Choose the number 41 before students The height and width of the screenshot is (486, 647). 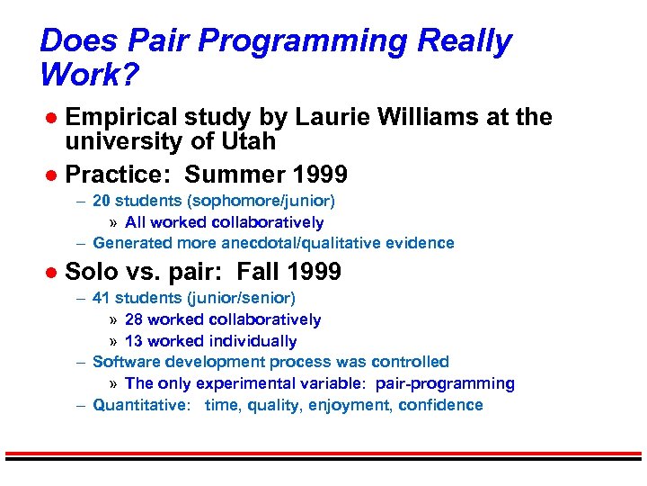click(x=102, y=298)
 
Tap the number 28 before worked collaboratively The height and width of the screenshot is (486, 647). click(x=135, y=319)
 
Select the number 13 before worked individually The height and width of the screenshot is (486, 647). click(x=135, y=341)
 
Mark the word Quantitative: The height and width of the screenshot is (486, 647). click(x=142, y=405)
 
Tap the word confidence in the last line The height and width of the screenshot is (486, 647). click(x=440, y=405)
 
